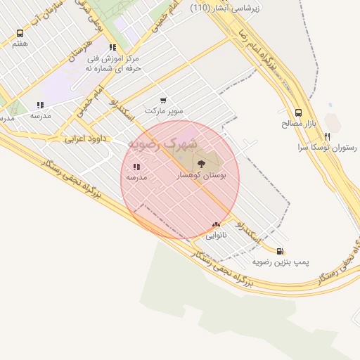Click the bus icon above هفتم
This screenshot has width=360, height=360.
pos(19,33)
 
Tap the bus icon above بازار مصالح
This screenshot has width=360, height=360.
pos(298,112)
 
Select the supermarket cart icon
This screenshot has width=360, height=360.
pos(163,101)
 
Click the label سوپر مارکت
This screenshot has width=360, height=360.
pos(164,111)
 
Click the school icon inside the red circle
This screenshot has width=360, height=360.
pos(136,167)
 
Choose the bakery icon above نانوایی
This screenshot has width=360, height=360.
pos(216,225)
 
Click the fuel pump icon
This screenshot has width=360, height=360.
pos(280,251)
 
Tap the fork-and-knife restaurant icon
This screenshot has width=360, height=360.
pos(327,136)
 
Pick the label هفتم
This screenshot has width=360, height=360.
pos(20,44)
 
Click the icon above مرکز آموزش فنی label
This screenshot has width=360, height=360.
pos(112,48)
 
